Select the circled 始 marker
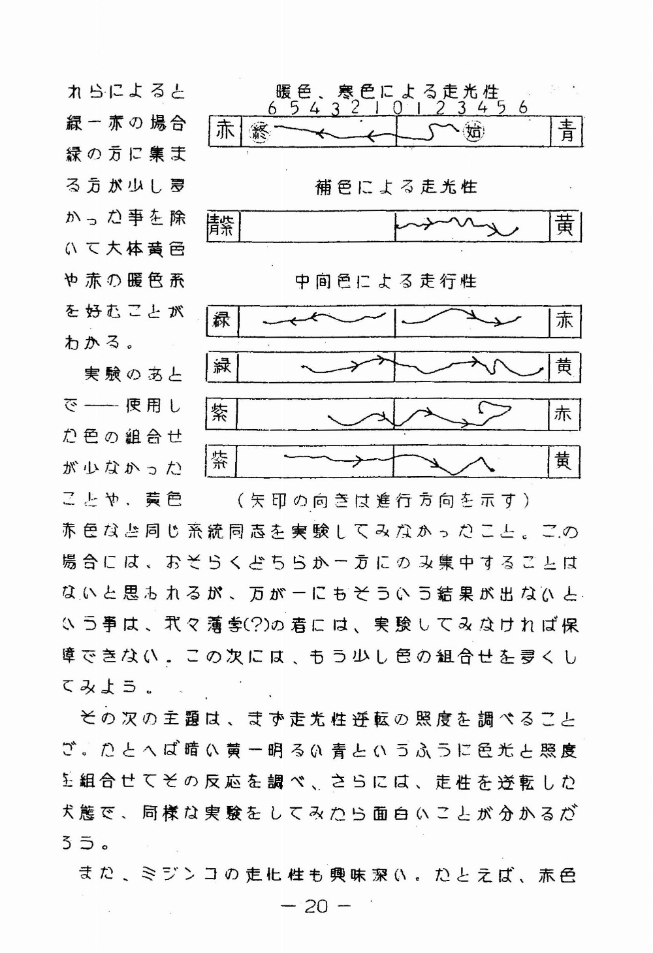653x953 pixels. (473, 133)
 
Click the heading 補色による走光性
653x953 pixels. (396, 187)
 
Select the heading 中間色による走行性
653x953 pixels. (386, 282)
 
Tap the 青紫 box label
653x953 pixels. (223, 227)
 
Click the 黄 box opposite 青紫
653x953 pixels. (565, 227)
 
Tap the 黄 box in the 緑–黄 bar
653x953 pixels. (564, 367)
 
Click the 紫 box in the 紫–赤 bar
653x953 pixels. (221, 413)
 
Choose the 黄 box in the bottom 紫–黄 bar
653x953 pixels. (564, 461)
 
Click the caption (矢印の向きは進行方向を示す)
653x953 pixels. (384, 501)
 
